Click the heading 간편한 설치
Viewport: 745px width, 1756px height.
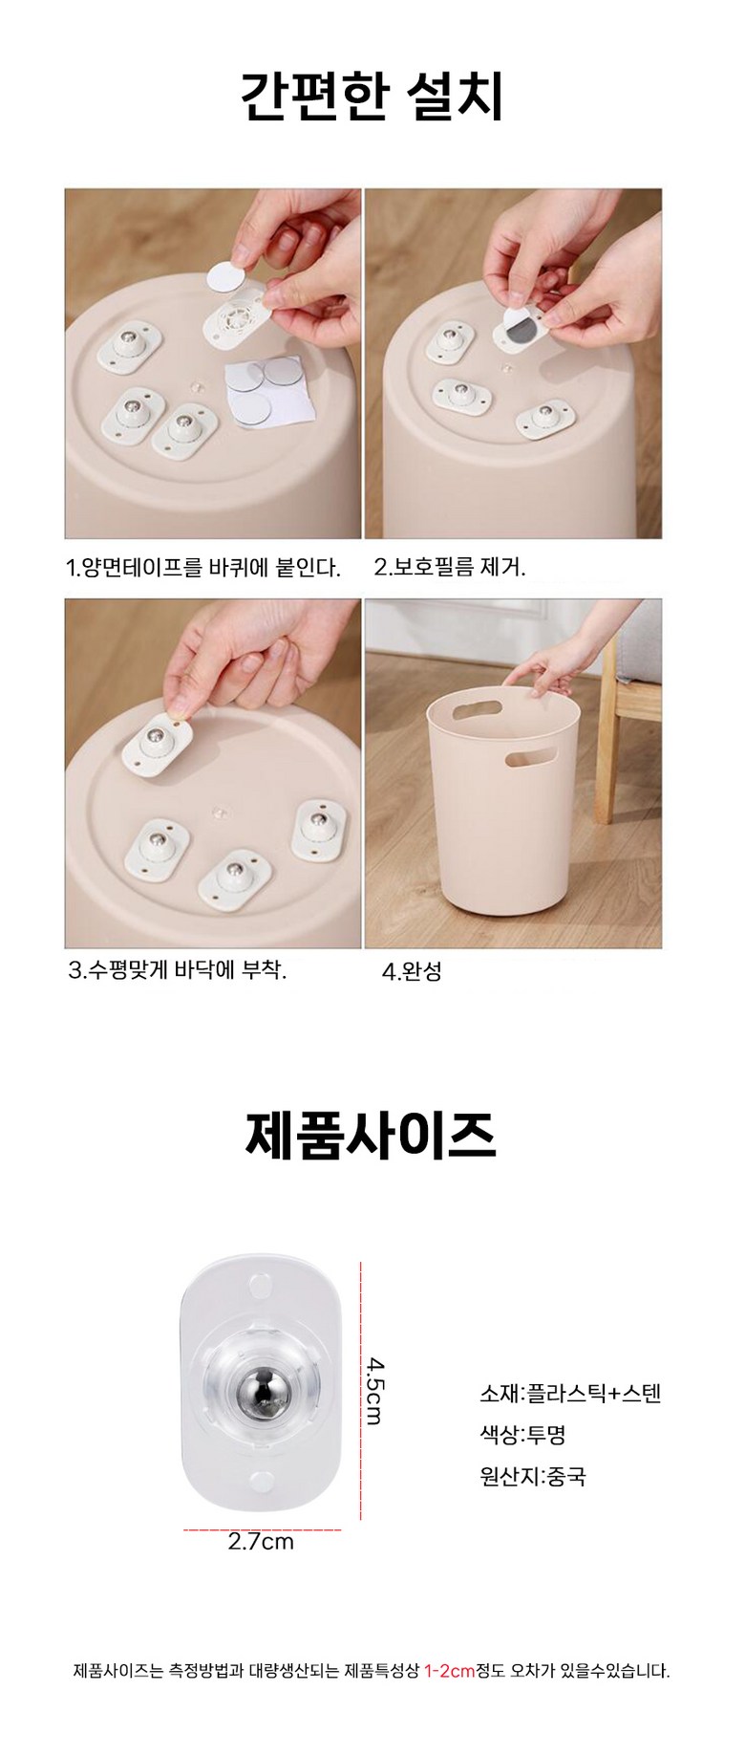pos(372,97)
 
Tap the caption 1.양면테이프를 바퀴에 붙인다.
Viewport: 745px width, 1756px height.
pos(203,568)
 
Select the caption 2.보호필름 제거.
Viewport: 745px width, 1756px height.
pos(450,568)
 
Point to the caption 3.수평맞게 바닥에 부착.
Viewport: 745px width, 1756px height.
pos(178,971)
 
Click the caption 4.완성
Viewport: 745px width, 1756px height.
pos(412,972)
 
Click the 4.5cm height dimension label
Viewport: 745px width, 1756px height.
pos(374,1391)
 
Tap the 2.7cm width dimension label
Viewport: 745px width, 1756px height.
pos(261,1542)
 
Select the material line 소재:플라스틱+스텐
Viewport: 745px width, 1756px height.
pos(570,1393)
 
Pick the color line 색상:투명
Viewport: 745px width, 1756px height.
pos(522,1434)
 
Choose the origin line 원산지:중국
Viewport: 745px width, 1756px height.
pos(533,1476)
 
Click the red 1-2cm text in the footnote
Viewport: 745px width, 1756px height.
pos(449,1671)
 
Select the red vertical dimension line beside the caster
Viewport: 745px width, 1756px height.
pos(360,1391)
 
